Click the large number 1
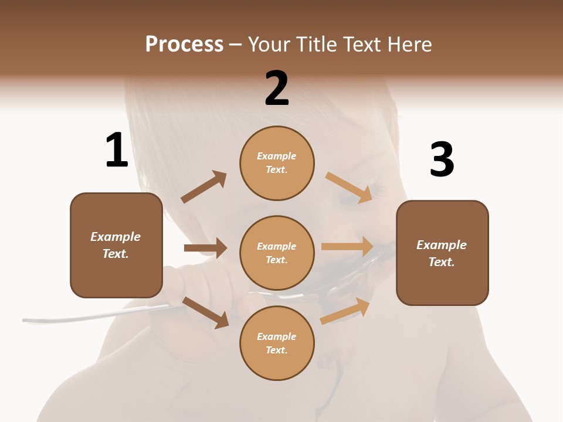(x=117, y=150)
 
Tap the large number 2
(x=277, y=89)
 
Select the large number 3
(x=442, y=159)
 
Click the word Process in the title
(x=184, y=45)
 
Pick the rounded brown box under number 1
(x=116, y=245)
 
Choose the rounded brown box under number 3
(x=442, y=253)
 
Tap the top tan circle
(x=277, y=163)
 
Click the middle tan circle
(x=277, y=253)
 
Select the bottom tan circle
(x=277, y=343)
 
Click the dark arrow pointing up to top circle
(x=204, y=187)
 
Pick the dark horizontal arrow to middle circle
(x=205, y=248)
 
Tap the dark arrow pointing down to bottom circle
(x=205, y=312)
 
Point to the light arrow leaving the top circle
(x=350, y=188)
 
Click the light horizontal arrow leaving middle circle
(x=347, y=247)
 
